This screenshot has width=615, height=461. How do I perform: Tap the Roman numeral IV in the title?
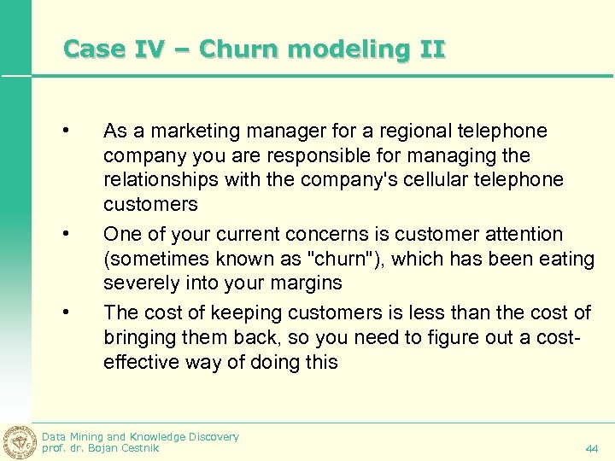point(158,50)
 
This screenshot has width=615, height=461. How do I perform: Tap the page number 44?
point(592,448)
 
